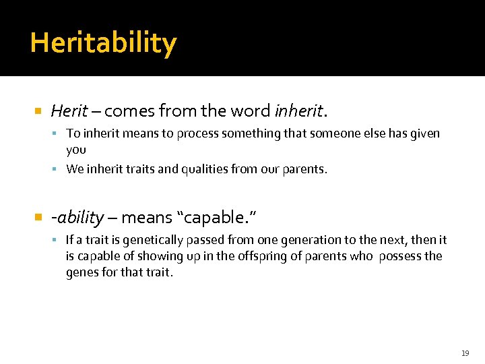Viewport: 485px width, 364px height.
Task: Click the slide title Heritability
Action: (103, 43)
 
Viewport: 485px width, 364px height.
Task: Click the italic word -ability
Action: (77, 218)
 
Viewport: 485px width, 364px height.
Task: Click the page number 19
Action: (465, 353)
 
